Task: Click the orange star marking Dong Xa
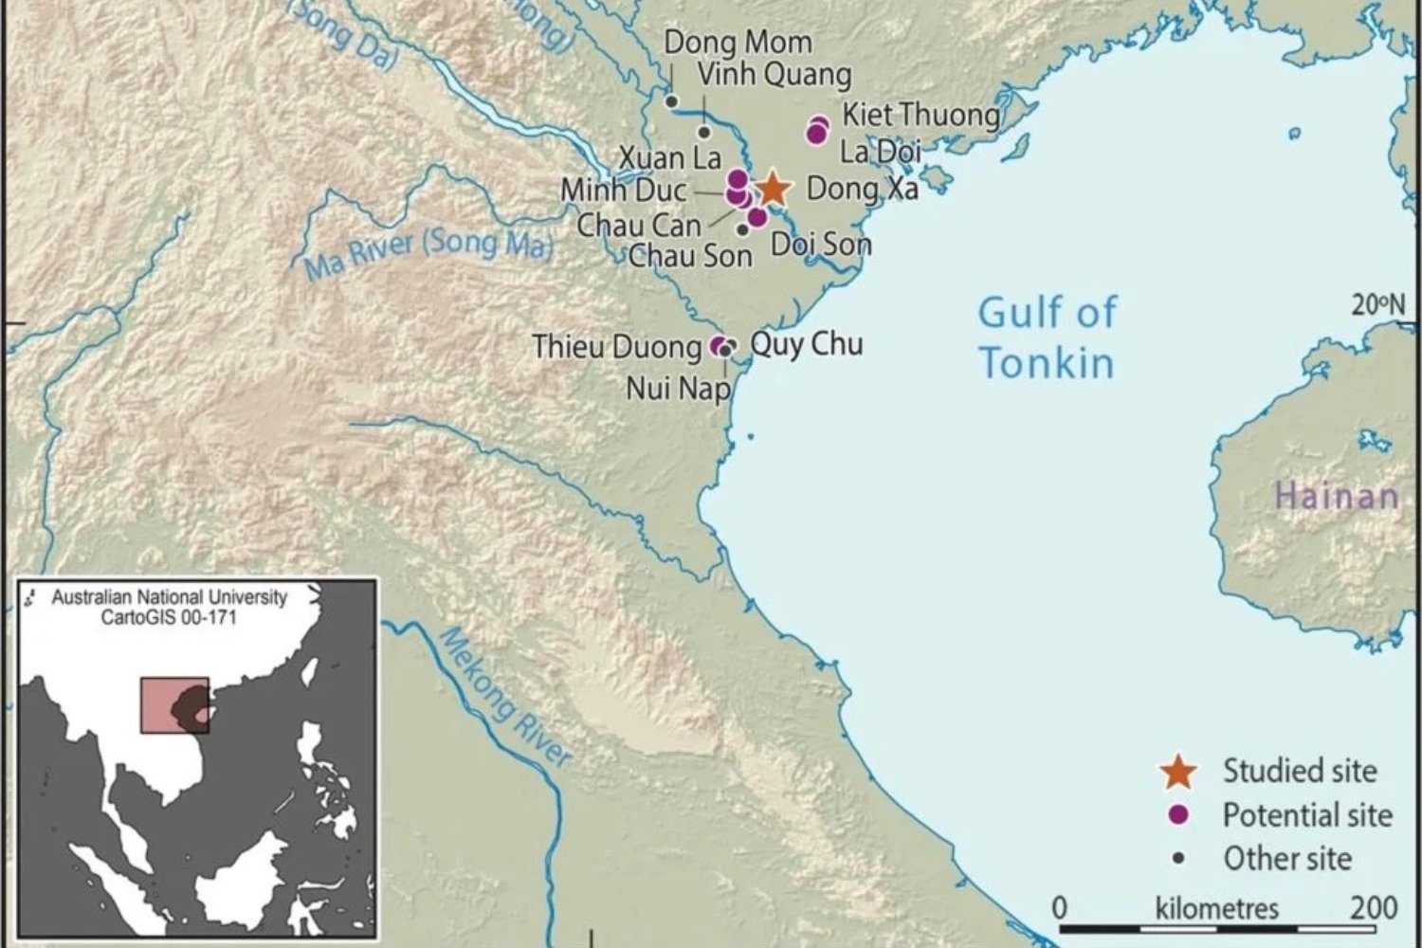(774, 190)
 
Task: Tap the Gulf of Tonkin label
(1047, 338)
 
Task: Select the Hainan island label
(1337, 497)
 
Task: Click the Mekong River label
(506, 698)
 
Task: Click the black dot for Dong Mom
(671, 101)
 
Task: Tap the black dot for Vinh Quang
(704, 132)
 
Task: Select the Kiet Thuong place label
(921, 116)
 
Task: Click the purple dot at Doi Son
(757, 217)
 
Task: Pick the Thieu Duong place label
(616, 347)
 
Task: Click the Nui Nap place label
(678, 388)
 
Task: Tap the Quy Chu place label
(807, 343)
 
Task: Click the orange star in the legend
(1178, 772)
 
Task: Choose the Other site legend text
(1286, 859)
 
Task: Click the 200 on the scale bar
(1373, 908)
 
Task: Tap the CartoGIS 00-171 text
(169, 617)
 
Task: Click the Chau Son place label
(689, 255)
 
